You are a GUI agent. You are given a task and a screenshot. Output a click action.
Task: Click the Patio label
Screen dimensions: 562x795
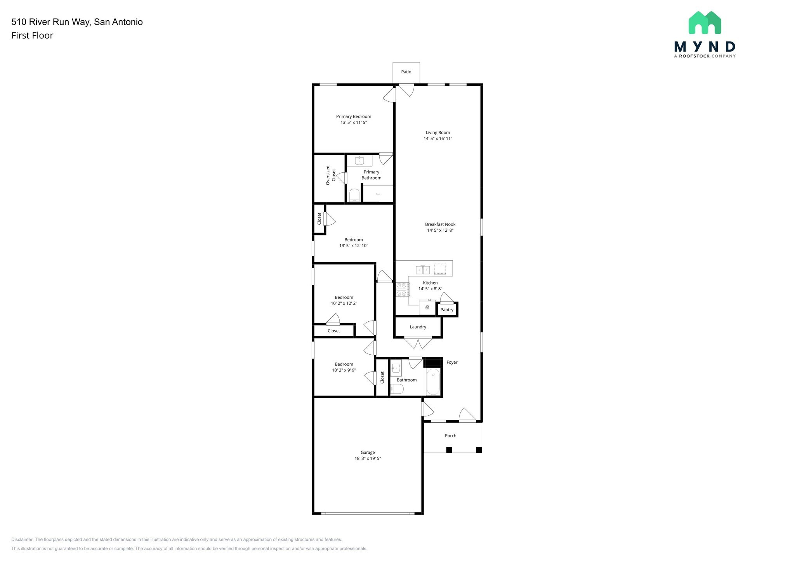406,72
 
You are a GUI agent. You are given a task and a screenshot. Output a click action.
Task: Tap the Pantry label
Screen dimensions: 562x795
447,310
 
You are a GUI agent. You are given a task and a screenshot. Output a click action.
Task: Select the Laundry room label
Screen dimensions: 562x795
418,327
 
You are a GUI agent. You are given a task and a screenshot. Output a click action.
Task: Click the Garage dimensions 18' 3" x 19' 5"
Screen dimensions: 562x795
368,458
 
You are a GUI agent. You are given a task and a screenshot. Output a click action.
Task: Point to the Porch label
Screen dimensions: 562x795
450,436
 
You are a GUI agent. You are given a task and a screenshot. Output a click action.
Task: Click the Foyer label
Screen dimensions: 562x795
452,363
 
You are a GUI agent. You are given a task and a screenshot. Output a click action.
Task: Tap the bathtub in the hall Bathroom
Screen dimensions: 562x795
433,382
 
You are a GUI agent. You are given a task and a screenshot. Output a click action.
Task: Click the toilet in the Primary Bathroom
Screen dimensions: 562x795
354,195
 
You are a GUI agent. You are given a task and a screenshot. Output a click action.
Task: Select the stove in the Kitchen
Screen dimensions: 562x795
403,290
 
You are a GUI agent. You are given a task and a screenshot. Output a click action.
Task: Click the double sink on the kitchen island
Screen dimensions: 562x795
423,269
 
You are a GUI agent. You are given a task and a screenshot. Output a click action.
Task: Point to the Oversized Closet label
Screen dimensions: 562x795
330,175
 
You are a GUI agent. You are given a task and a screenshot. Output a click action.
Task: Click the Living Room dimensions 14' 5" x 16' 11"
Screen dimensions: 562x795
438,139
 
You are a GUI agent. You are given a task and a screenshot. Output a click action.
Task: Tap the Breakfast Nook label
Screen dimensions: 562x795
440,224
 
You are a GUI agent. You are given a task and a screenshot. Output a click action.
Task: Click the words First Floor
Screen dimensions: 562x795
32,36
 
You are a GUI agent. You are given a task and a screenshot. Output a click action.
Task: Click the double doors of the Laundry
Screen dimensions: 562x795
418,343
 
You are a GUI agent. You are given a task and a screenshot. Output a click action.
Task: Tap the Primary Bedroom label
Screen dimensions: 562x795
353,116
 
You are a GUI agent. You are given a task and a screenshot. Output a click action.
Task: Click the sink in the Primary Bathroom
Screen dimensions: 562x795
359,161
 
